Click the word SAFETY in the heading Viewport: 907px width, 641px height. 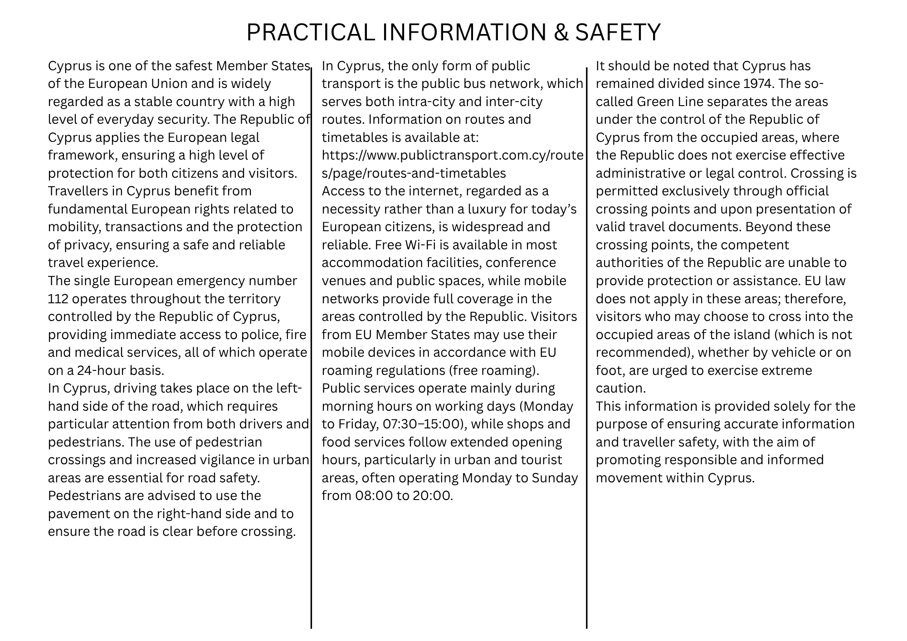coord(618,32)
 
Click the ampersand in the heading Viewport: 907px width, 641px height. coord(561,32)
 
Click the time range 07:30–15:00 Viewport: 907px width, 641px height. coord(422,424)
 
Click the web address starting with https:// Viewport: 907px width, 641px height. coord(452,155)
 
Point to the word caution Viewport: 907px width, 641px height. coord(620,388)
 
